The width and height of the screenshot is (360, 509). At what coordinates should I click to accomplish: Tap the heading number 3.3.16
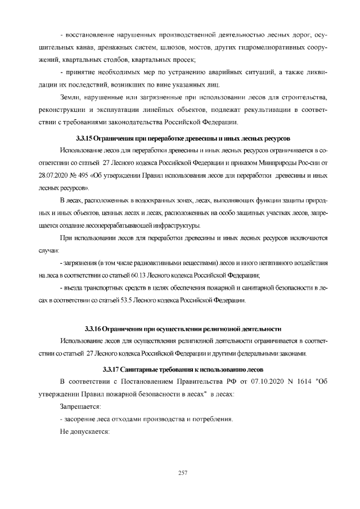[x=92, y=328]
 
